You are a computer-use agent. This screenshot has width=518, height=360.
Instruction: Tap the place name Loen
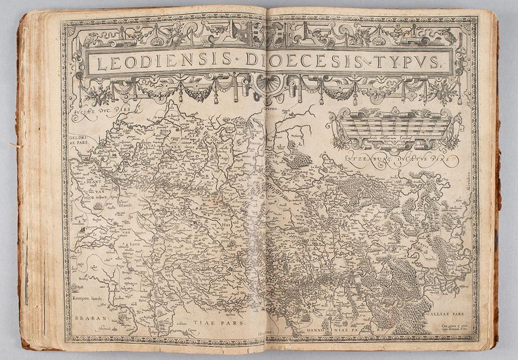[135, 246]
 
